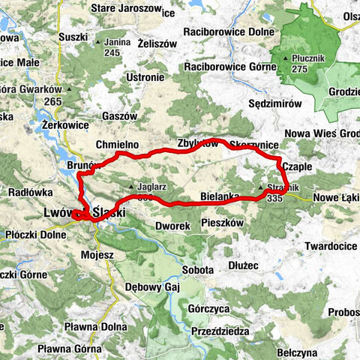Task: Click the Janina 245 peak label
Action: click(x=112, y=47)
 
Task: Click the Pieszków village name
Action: click(x=223, y=223)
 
